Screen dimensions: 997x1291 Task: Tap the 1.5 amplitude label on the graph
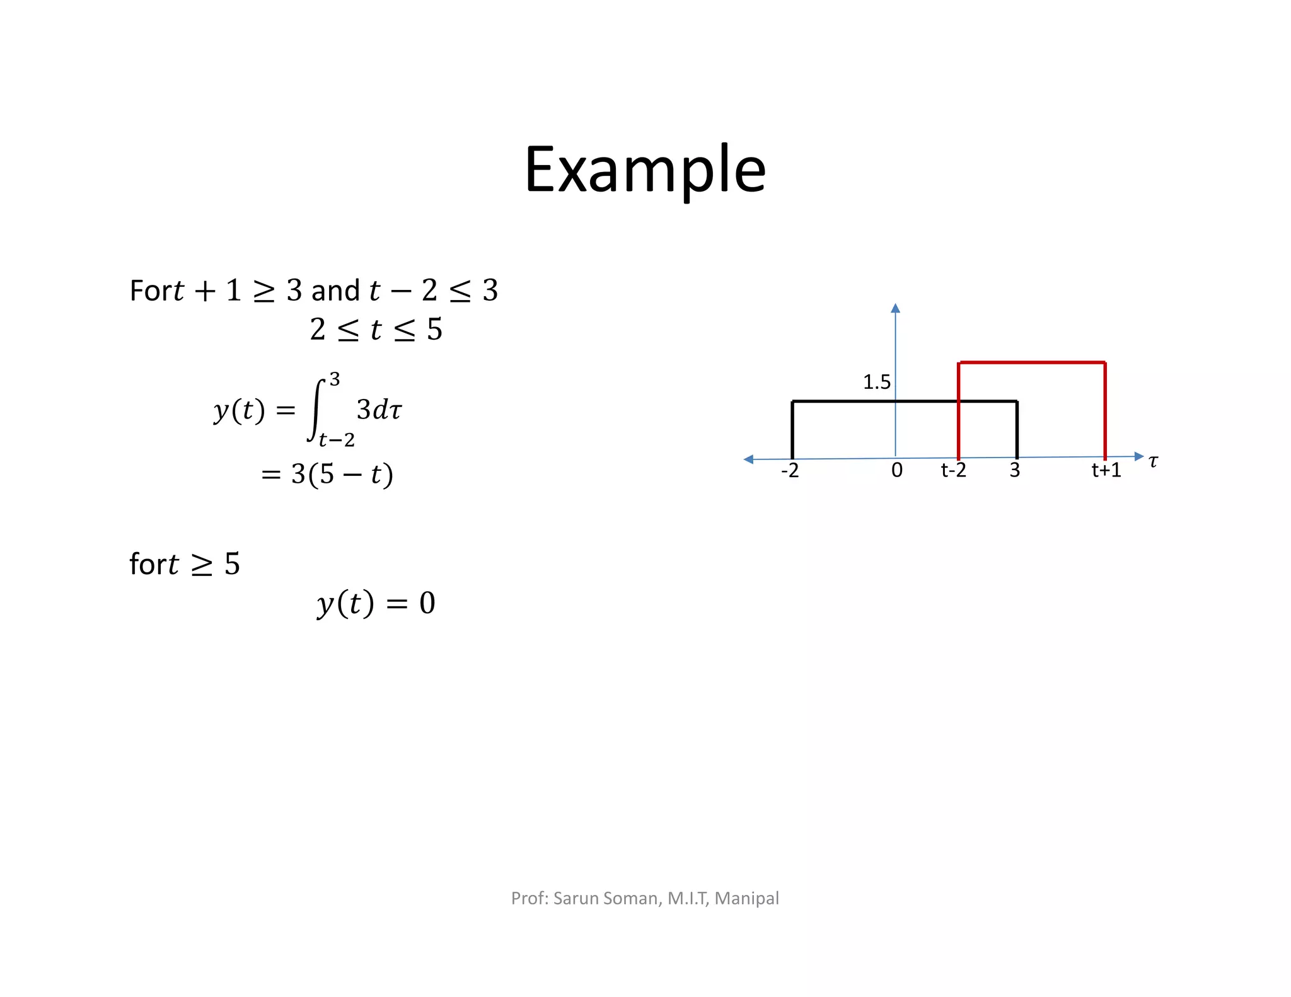[876, 382]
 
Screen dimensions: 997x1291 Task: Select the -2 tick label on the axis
[790, 470]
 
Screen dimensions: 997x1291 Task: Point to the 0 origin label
[896, 470]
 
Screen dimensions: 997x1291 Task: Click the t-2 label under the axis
[953, 470]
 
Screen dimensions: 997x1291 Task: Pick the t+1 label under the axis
[1106, 470]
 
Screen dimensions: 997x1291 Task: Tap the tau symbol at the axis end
[1153, 461]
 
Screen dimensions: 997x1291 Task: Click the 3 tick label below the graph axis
[1014, 470]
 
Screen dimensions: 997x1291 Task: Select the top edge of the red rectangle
[1032, 362]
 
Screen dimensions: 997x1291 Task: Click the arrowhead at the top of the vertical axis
[895, 308]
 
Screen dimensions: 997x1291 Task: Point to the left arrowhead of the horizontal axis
[749, 459]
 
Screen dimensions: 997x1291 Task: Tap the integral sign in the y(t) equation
[316, 410]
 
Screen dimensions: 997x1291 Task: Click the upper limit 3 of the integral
[335, 379]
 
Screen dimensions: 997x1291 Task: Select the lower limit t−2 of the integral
[337, 440]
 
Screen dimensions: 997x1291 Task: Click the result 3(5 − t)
[342, 474]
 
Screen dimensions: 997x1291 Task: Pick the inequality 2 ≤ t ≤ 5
[376, 330]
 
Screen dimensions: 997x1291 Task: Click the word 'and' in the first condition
[335, 291]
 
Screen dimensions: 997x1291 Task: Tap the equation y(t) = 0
[376, 603]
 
